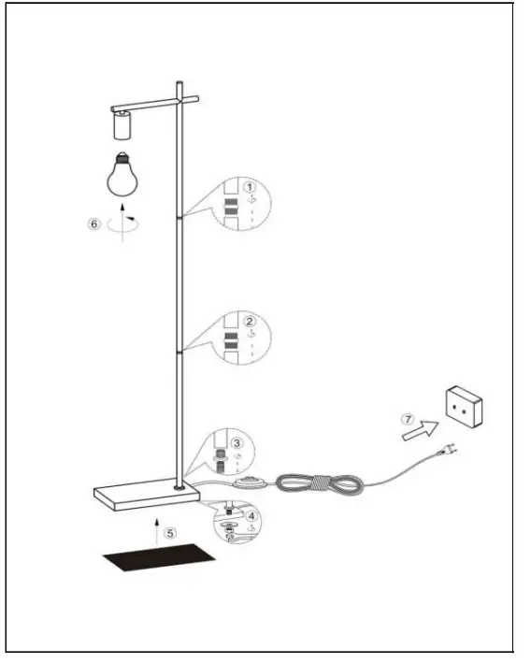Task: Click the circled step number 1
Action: coord(250,187)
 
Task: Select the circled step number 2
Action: coord(250,321)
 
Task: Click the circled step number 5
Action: coord(169,533)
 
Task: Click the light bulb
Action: coord(121,174)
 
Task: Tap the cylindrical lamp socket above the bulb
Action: coord(121,124)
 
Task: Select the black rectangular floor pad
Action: coord(158,560)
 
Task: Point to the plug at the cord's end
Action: coord(451,455)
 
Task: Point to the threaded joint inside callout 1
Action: coord(230,208)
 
